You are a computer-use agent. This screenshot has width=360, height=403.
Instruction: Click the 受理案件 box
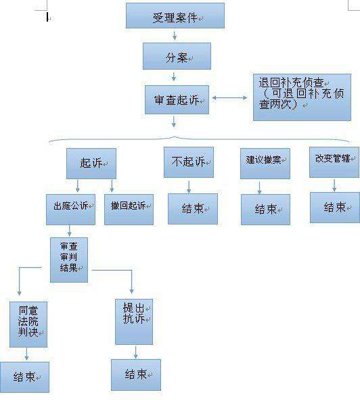pos(175,16)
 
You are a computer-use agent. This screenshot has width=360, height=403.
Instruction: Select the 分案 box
pos(177,56)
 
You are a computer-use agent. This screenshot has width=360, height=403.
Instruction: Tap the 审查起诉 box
pos(177,99)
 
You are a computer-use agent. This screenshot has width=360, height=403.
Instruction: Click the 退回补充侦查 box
pos(302,97)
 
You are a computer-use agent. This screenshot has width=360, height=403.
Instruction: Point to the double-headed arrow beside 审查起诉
pos(229,97)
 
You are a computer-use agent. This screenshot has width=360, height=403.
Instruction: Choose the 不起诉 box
pos(189,162)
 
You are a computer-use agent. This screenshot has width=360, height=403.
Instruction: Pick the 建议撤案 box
pos(265,164)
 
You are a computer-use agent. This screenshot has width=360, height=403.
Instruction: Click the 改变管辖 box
pos(334,162)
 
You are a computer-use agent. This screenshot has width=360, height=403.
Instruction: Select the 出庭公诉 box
pos(70,210)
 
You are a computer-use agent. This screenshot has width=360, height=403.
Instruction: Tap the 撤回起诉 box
pos(129,210)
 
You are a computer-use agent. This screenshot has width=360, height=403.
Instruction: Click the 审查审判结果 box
pos(69,260)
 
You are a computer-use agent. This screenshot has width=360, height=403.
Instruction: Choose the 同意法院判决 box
pos(28,325)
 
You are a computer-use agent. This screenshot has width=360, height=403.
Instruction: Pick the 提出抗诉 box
pos(134,322)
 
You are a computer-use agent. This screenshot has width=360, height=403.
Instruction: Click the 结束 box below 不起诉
pos(193,209)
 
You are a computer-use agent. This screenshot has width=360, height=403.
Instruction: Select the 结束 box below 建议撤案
pos(265,210)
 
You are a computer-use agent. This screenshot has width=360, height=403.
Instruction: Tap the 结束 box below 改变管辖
pos(335,208)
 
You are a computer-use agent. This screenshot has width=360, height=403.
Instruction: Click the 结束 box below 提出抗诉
pos(136,375)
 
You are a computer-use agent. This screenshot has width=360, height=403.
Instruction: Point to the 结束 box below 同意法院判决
pos(24,377)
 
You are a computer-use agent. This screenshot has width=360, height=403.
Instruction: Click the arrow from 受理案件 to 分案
pos(175,35)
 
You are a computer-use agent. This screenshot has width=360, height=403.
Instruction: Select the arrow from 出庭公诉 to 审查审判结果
pos(69,231)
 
